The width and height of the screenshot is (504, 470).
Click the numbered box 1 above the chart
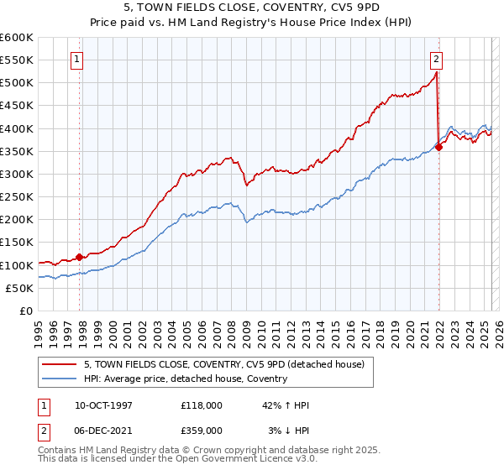click(76, 59)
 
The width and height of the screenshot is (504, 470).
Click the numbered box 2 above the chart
click(437, 59)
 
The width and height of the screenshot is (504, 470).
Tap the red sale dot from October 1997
click(80, 257)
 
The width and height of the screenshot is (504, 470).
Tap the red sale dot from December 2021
click(438, 147)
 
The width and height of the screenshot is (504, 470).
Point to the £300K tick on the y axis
click(17, 174)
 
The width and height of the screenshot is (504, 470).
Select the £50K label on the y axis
click(20, 288)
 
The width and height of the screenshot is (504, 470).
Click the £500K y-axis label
click(17, 83)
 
